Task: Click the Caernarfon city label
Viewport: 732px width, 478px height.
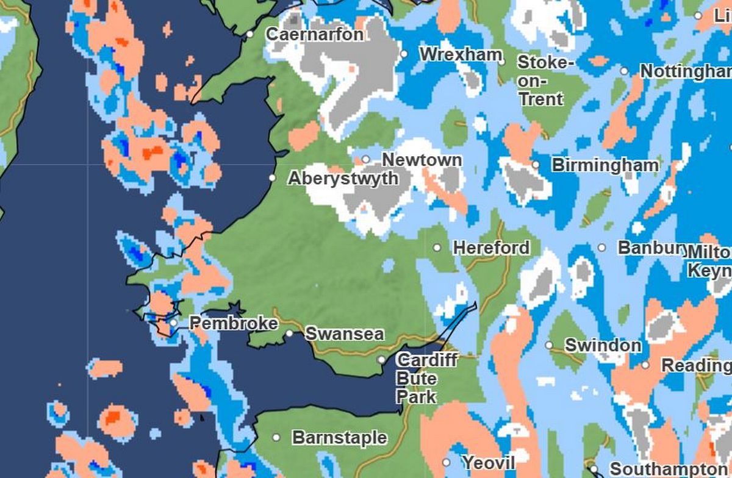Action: click(315, 34)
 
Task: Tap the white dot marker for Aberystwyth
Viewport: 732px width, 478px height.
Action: click(273, 178)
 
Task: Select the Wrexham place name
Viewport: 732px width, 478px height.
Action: click(461, 54)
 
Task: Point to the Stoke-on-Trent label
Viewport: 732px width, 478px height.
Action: click(545, 80)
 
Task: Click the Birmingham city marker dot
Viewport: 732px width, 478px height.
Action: click(536, 165)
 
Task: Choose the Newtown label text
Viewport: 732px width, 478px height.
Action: click(422, 160)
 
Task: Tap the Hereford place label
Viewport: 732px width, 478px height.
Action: click(491, 248)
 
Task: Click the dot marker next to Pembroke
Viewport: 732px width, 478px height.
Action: click(174, 323)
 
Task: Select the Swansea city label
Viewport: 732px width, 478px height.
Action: click(345, 334)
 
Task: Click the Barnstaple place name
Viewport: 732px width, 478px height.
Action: click(339, 438)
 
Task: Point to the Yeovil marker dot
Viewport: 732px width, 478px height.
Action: click(447, 463)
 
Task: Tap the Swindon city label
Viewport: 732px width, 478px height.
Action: click(603, 345)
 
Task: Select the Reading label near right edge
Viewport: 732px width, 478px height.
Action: click(695, 366)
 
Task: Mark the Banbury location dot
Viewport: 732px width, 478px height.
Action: click(601, 248)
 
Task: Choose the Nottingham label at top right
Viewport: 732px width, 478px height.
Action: click(685, 71)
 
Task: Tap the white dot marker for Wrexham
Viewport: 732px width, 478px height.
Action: click(404, 54)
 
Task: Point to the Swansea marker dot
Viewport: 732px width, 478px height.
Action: click(290, 334)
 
